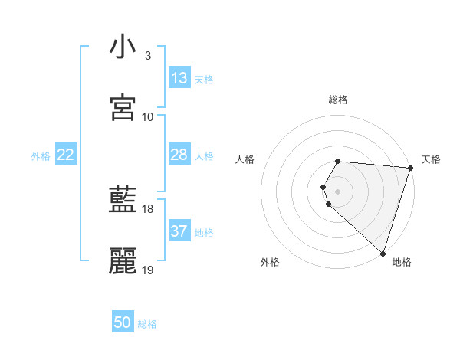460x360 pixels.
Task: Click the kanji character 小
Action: tap(123, 47)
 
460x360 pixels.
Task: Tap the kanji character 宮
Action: tap(123, 108)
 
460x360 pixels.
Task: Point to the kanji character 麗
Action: tap(123, 261)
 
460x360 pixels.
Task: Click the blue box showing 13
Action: tap(179, 78)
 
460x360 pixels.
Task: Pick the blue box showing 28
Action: tap(179, 155)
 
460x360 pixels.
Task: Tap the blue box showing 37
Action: tap(179, 232)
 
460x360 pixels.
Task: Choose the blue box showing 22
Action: tap(66, 155)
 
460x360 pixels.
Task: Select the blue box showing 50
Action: tap(123, 322)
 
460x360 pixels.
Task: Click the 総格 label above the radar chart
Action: tap(338, 100)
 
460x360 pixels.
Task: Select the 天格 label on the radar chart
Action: tap(431, 159)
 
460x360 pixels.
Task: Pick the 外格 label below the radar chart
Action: tap(270, 262)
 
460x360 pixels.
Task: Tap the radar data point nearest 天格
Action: tap(410, 168)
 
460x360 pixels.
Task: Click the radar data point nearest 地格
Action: tap(383, 253)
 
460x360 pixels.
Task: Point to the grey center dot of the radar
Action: tap(338, 191)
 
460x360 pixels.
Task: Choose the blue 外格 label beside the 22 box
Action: tap(41, 156)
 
